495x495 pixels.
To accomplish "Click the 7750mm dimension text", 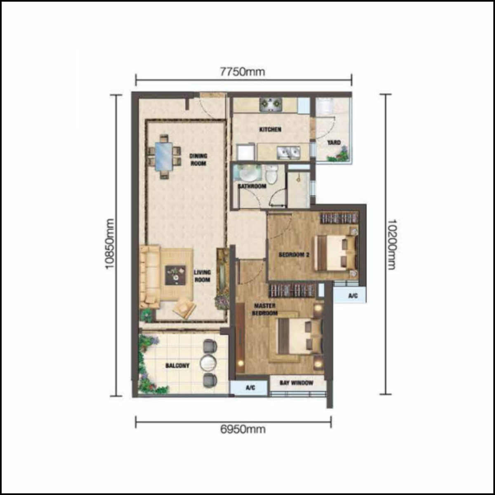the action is pyautogui.click(x=242, y=72).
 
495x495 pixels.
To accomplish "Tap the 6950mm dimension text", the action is pyautogui.click(x=243, y=429).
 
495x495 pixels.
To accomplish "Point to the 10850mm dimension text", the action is pyautogui.click(x=110, y=243).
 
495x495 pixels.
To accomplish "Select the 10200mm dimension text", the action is pyautogui.click(x=391, y=244).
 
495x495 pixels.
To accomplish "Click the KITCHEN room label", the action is pyautogui.click(x=270, y=130).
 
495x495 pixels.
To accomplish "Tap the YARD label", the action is pyautogui.click(x=334, y=142).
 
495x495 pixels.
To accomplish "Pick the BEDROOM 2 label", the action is pyautogui.click(x=294, y=255).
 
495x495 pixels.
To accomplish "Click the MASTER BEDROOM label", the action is pyautogui.click(x=265, y=309).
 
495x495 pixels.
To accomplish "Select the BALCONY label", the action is pyautogui.click(x=177, y=365).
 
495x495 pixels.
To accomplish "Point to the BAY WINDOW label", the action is pyautogui.click(x=297, y=383).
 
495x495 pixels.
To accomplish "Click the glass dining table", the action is pyautogui.click(x=164, y=156).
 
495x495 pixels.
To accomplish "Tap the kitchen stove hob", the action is pyautogui.click(x=271, y=105).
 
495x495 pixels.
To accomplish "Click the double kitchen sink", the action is pyautogui.click(x=288, y=152).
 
